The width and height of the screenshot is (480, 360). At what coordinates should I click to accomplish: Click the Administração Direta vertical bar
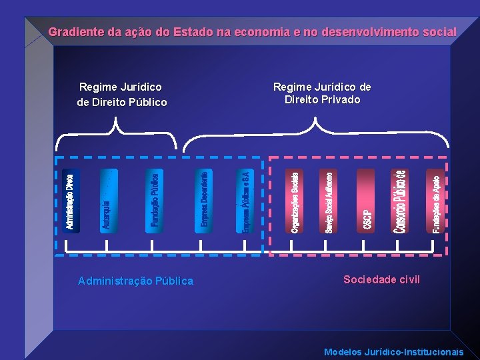[x=70, y=201]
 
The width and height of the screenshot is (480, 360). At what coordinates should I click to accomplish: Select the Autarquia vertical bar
[x=109, y=201]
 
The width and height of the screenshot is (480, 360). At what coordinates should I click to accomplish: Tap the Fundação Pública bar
[x=153, y=201]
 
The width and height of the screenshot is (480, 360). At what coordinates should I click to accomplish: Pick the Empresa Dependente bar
[x=204, y=201]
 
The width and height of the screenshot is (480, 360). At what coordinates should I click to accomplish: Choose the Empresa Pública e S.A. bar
[x=245, y=201]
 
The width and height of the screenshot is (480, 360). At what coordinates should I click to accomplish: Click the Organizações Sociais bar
[x=295, y=201]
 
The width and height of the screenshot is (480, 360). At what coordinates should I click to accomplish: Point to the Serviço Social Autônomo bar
[x=330, y=201]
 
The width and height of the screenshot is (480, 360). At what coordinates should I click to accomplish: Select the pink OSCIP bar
[x=367, y=201]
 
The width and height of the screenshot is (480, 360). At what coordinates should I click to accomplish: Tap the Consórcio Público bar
[x=399, y=201]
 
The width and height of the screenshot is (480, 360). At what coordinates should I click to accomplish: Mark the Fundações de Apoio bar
[x=434, y=201]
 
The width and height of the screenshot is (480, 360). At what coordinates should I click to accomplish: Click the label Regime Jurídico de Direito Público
[x=121, y=95]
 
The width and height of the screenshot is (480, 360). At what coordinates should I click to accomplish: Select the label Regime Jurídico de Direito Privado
[x=322, y=93]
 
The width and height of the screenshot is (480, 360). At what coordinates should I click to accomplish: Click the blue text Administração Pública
[x=135, y=281]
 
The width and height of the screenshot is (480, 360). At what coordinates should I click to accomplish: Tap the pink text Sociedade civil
[x=381, y=280]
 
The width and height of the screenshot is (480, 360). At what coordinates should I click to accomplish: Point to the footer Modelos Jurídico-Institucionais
[x=393, y=352]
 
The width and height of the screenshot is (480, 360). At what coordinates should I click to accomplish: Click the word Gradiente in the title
[x=76, y=32]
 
